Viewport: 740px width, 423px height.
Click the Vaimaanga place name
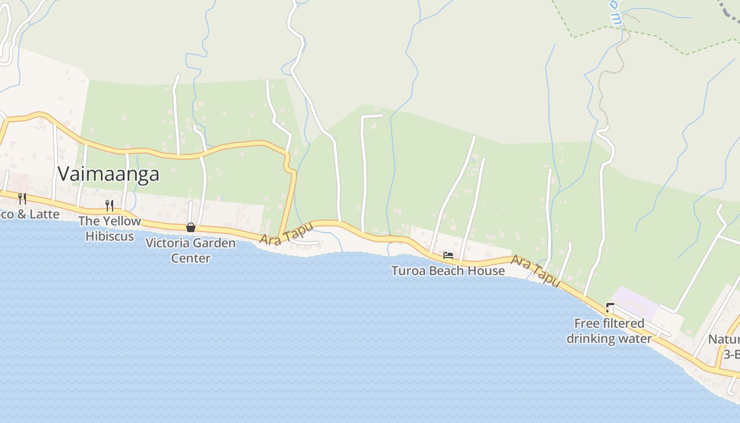[108, 173]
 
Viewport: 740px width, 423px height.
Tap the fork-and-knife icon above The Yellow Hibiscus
[109, 205]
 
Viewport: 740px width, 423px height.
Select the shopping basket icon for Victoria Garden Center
[191, 227]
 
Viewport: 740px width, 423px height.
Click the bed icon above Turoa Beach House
[448, 255]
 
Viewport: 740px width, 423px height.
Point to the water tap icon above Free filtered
[609, 307]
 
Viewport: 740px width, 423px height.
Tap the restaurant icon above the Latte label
[22, 198]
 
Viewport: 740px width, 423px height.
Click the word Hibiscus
[109, 236]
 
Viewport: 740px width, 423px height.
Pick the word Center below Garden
[190, 258]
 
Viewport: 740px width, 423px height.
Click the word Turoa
[408, 271]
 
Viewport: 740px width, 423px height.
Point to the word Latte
[44, 214]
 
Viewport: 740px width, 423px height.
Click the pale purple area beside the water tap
[637, 296]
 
